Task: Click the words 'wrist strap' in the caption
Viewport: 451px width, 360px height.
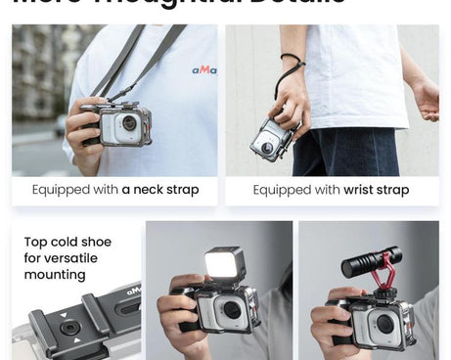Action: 377,190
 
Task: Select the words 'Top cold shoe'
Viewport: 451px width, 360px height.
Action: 68,242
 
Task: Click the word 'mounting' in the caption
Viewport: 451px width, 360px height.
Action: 57,277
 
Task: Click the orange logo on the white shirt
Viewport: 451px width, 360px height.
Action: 204,69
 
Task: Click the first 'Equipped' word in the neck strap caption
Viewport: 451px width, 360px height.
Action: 64,190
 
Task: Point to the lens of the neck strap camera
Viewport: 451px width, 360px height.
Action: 129,123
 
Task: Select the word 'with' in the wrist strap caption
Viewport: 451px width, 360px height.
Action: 328,190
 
